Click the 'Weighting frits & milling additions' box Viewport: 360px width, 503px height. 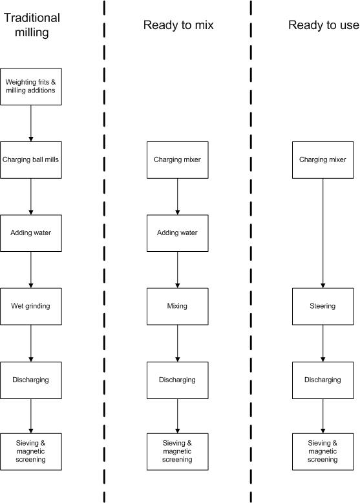(x=31, y=87)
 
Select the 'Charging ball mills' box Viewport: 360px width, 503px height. (x=31, y=160)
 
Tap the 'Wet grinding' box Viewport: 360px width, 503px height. (x=31, y=306)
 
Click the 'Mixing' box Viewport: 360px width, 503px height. (x=178, y=306)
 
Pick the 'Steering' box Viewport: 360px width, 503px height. (x=323, y=306)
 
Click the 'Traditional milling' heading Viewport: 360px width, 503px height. (x=32, y=25)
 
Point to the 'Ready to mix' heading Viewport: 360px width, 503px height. (x=178, y=25)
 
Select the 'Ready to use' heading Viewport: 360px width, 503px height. (x=324, y=25)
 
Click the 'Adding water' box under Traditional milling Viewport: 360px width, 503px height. (x=31, y=233)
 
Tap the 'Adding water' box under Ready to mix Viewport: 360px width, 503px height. (x=178, y=233)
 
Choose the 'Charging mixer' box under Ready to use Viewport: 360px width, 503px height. (x=323, y=160)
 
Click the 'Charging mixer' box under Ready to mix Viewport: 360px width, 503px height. (x=178, y=160)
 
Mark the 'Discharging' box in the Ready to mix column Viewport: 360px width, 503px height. (x=178, y=380)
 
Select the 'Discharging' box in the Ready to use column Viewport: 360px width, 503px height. (x=323, y=380)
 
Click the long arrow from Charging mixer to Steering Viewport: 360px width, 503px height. (x=323, y=233)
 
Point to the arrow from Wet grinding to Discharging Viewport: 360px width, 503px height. (x=31, y=344)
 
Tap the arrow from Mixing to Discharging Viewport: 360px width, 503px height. (x=178, y=344)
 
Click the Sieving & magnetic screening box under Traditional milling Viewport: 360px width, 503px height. (x=31, y=452)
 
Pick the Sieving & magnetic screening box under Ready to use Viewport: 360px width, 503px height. (x=323, y=452)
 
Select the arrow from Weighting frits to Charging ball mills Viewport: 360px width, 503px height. (x=31, y=123)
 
